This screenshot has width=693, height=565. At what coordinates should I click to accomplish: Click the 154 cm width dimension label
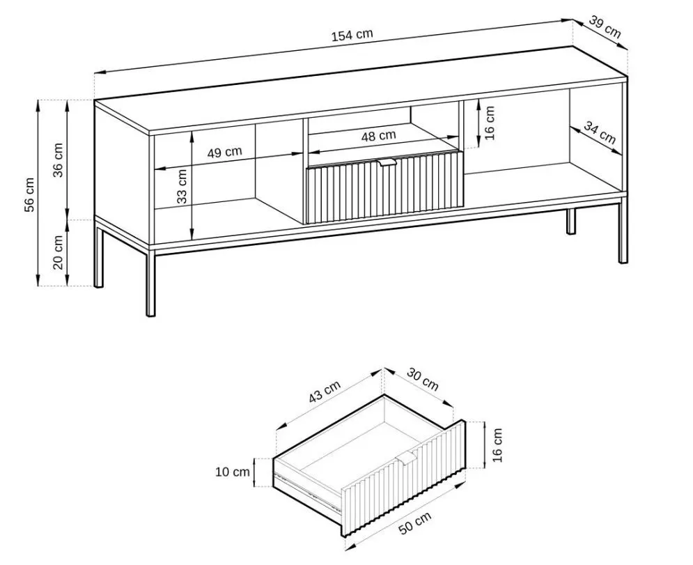(x=352, y=35)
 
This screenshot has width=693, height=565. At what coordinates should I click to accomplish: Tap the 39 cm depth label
(x=605, y=27)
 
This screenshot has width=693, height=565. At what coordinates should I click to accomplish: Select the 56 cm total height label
(x=29, y=194)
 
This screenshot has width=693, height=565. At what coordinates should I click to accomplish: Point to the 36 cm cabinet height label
(x=59, y=160)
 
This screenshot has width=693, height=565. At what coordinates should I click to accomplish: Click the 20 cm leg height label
(x=59, y=252)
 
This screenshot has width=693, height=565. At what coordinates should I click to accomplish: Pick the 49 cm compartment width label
(x=225, y=152)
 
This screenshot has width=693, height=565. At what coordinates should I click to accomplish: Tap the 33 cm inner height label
(x=182, y=186)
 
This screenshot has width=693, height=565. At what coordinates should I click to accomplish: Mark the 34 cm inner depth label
(x=600, y=132)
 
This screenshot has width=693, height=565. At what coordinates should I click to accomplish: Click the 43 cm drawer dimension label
(x=325, y=392)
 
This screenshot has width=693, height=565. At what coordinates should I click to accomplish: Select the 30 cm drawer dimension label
(x=423, y=379)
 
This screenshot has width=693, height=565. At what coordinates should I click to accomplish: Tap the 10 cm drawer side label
(x=233, y=472)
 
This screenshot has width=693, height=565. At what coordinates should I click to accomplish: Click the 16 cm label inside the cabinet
(x=489, y=123)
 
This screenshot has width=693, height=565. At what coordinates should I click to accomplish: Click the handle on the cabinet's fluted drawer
(x=389, y=163)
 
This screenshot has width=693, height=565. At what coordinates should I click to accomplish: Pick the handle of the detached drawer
(x=407, y=458)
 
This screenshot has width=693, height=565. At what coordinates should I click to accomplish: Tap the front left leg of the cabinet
(x=150, y=284)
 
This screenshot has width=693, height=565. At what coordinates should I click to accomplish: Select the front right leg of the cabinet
(x=623, y=231)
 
